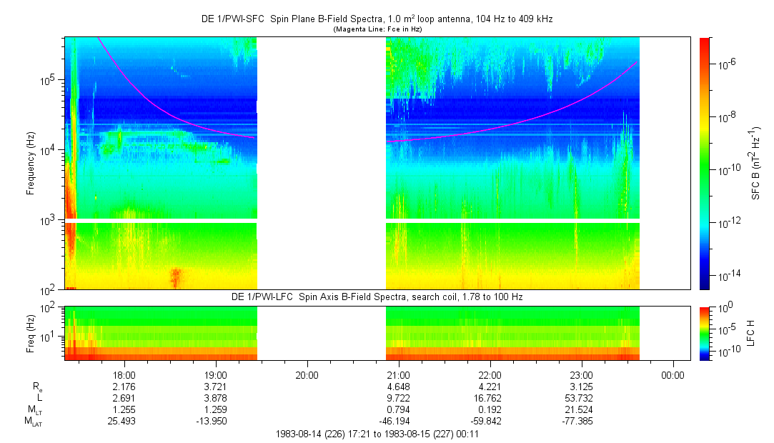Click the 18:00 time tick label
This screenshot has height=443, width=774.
tap(124, 375)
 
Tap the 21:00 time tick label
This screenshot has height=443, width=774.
tap(398, 375)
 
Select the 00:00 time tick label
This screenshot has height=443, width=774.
tap(673, 375)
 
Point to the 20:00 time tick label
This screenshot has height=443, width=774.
tap(307, 375)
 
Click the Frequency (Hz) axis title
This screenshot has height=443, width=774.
tap(31, 164)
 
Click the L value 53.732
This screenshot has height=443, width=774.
tap(581, 398)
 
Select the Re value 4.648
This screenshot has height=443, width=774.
tap(398, 387)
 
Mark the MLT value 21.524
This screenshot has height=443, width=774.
tap(581, 409)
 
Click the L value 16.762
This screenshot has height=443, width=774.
tap(490, 398)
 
